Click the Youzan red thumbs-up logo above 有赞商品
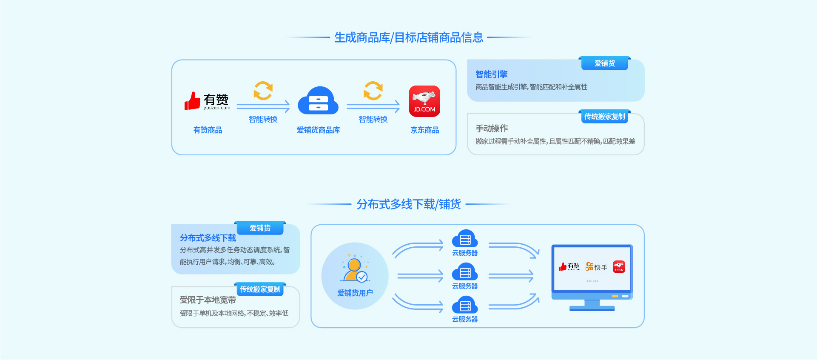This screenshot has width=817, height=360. point(193,101)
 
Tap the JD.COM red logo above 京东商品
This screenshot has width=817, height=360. point(424,101)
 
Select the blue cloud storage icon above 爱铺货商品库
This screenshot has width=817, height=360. point(318,101)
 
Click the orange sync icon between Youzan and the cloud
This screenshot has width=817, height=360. point(263,91)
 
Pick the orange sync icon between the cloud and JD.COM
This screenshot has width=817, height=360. point(373,91)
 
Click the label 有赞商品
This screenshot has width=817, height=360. point(208,130)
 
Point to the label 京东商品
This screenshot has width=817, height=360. point(424,130)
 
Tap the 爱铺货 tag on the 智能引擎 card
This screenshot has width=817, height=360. point(604,63)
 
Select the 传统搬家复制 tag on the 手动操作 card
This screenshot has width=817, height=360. point(604,117)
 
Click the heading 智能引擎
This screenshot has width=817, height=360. point(491,74)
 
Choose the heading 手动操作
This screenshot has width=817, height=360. point(491,129)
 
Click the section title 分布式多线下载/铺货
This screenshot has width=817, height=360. point(408,205)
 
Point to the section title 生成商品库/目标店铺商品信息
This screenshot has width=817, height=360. point(408,38)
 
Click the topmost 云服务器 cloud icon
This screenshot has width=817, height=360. point(465,239)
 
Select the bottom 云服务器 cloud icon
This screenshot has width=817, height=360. point(465,306)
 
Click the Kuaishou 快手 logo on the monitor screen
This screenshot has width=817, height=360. point(596,267)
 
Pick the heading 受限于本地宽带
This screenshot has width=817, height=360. point(208,300)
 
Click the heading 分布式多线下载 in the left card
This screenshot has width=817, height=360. point(208,238)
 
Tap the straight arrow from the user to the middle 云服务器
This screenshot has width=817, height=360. point(420,277)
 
